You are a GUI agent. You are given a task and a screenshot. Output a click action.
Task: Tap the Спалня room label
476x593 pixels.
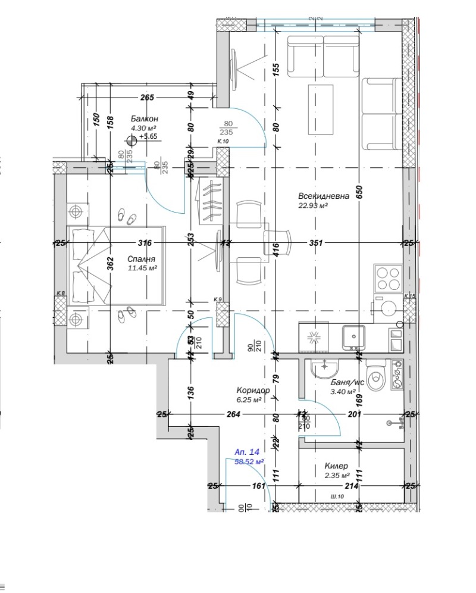click(x=142, y=260)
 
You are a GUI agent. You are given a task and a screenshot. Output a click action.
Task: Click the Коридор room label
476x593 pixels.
click(x=253, y=391)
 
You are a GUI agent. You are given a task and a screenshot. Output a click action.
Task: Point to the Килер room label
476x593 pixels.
click(x=336, y=466)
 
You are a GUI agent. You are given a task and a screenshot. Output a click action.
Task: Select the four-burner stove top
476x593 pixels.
click(x=388, y=277)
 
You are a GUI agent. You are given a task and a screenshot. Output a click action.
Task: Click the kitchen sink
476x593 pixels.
click(x=355, y=338)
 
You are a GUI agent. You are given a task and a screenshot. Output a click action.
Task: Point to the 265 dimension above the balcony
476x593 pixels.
click(x=148, y=98)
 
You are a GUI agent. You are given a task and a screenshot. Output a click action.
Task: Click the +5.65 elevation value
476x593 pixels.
click(x=148, y=136)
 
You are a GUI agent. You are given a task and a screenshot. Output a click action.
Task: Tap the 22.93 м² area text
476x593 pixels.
click(x=314, y=206)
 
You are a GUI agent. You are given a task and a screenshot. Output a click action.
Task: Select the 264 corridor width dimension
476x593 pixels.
click(x=233, y=414)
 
